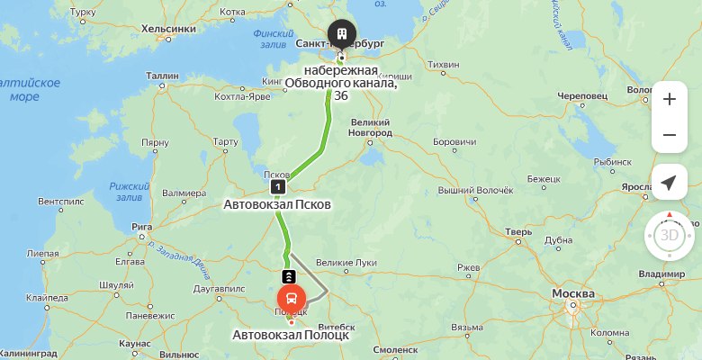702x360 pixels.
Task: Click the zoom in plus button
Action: pyautogui.click(x=669, y=100)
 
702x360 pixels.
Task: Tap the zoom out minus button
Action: pyautogui.click(x=669, y=135)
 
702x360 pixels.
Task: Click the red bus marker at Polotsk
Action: pyautogui.click(x=292, y=297)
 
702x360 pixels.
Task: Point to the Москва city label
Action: pyautogui.click(x=572, y=294)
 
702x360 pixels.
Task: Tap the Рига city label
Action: pyautogui.click(x=139, y=226)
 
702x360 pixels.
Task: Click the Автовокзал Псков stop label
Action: pyautogui.click(x=277, y=204)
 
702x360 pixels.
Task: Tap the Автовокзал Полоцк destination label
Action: pyautogui.click(x=291, y=335)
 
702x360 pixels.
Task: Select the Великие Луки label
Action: pyautogui.click(x=346, y=263)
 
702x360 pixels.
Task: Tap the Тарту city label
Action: pyautogui.click(x=224, y=141)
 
